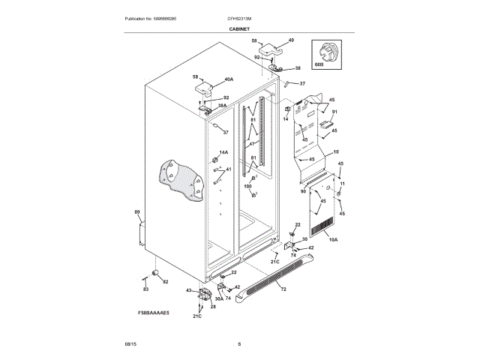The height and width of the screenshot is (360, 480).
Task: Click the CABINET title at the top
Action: tap(240, 28)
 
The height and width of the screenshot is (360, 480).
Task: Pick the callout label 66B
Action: tap(319, 65)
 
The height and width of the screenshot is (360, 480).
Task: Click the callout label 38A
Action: tap(222, 106)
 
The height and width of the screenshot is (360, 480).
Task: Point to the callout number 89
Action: tap(137, 213)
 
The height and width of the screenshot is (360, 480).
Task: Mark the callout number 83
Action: tap(145, 288)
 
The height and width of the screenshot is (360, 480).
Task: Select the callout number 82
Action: tap(166, 282)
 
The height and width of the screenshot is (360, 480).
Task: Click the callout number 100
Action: tap(248, 186)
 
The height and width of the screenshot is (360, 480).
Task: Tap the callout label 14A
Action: tap(223, 152)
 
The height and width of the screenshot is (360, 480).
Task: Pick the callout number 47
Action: tap(253, 144)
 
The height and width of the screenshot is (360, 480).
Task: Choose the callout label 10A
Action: tap(333, 239)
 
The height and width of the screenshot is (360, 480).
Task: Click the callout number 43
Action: tap(189, 290)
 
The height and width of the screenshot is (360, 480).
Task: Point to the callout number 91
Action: tap(335, 112)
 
